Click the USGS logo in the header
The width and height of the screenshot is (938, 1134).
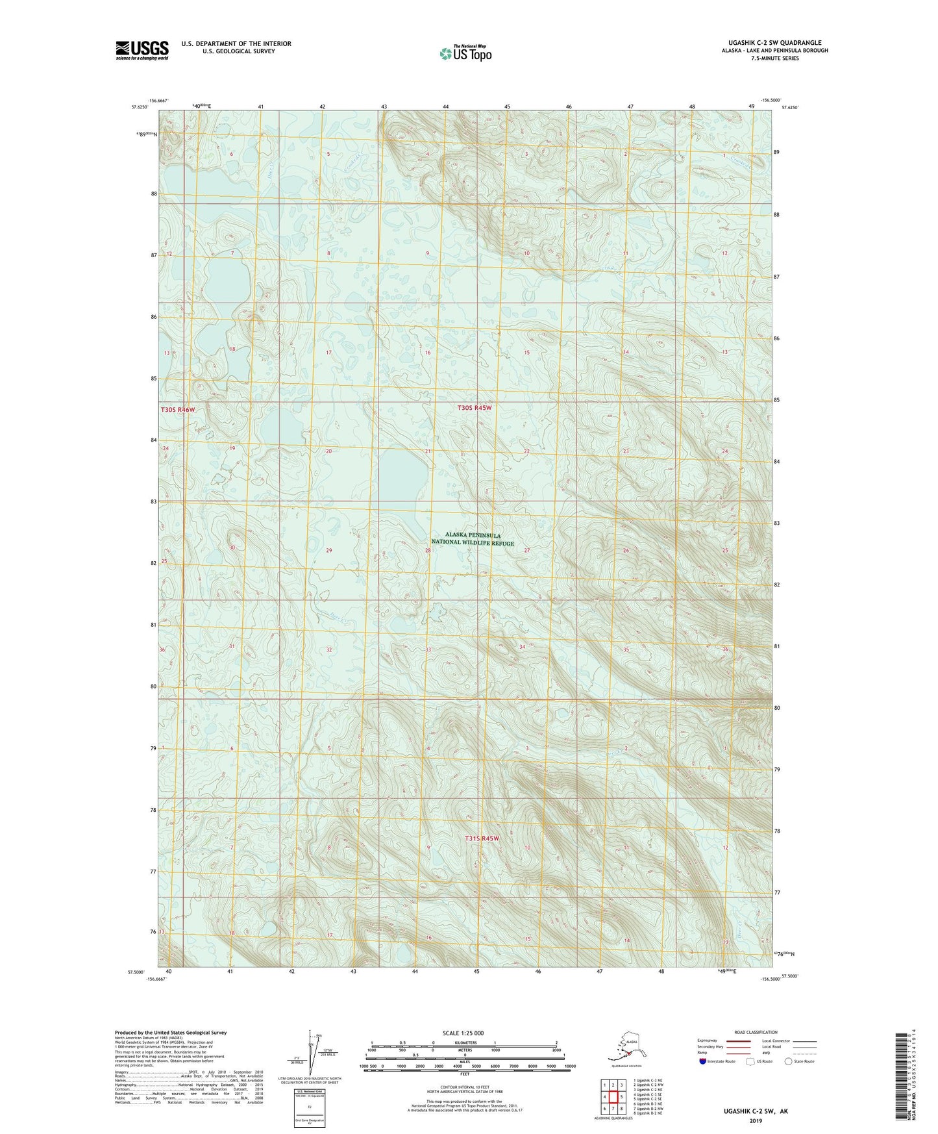click(142, 50)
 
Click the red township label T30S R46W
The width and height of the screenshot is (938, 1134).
click(178, 410)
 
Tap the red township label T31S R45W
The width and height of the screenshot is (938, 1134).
click(482, 838)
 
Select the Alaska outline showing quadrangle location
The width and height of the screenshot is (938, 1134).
click(625, 1050)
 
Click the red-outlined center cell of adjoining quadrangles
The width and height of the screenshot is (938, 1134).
click(612, 1097)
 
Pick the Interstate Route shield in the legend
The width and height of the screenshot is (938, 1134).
click(703, 1061)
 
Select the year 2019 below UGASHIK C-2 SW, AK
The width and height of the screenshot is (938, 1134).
click(755, 1120)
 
